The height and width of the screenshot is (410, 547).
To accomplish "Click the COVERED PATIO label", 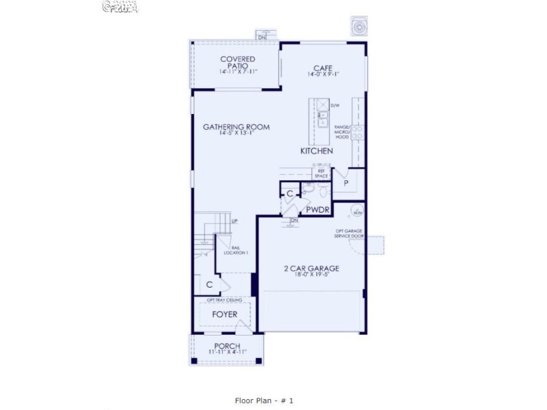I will [x=238, y=62].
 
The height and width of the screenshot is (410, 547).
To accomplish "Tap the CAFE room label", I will [x=323, y=68].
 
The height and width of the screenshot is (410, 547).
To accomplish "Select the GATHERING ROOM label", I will [x=237, y=126].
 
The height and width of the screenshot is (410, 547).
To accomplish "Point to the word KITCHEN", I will [x=317, y=150].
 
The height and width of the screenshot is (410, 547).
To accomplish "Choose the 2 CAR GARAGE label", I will [x=312, y=268].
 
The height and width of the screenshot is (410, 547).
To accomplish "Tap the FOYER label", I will [x=224, y=314].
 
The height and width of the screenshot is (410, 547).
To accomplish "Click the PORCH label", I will [x=227, y=346].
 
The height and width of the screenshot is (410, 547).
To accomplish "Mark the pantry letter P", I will [x=346, y=183].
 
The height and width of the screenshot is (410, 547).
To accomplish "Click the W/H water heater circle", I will [x=358, y=210].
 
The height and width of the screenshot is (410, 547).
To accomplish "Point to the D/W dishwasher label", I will [x=335, y=106].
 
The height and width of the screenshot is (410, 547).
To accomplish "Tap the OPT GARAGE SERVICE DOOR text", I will [x=349, y=234].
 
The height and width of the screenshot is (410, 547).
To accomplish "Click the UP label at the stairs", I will [x=234, y=221].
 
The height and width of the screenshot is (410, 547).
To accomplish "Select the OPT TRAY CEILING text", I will [x=225, y=299].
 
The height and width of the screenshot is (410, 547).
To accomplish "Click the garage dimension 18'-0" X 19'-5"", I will [x=312, y=276].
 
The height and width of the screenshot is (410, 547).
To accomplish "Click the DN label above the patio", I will [x=261, y=36].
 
